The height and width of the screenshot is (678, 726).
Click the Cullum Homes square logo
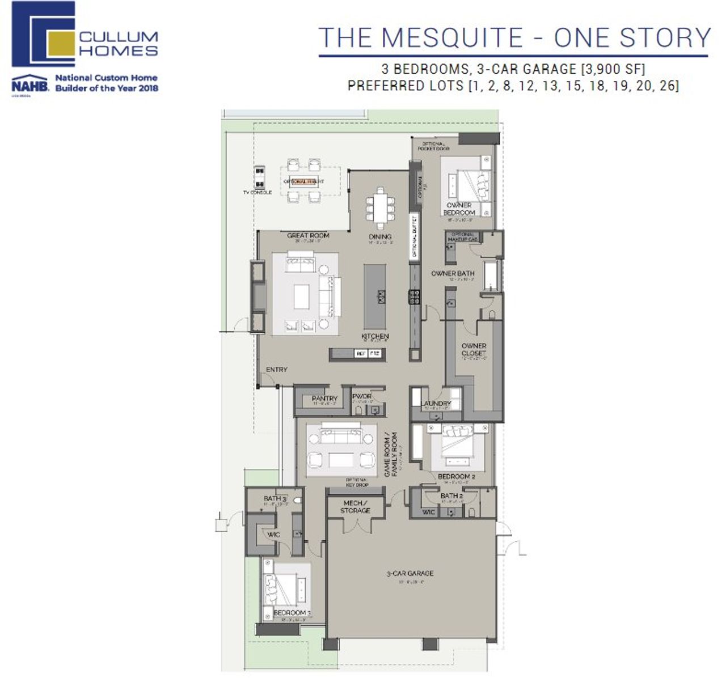pos(43,34)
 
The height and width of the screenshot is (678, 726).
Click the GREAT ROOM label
pos(308,235)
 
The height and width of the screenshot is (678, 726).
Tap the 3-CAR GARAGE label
pos(410,574)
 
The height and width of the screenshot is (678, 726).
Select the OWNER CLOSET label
pos(474,349)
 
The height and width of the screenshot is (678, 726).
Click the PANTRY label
pos(324,399)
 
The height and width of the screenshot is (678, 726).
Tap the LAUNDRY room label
pos(436,404)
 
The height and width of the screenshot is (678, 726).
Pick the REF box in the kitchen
pos(360,354)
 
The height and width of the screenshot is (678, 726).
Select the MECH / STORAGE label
pos(355,507)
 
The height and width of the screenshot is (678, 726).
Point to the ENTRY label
pos(277,370)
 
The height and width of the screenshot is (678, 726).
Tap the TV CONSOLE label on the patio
pos(258,192)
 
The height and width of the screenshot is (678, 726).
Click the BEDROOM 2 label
pos(456,477)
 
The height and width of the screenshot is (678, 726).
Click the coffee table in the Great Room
pos(302,296)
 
